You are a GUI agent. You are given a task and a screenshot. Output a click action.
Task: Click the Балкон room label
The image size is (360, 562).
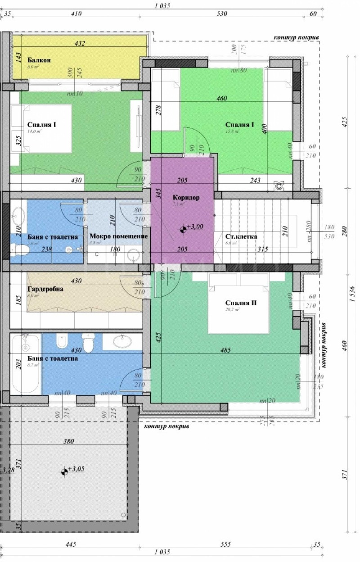point(39,60)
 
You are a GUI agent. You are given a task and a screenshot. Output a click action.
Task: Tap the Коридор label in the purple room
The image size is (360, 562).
point(186,198)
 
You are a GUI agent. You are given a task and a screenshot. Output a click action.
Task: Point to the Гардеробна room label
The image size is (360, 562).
point(45,290)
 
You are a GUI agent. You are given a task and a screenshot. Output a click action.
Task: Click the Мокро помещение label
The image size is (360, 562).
point(119,236)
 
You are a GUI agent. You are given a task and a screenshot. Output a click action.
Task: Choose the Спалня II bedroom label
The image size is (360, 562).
point(242,303)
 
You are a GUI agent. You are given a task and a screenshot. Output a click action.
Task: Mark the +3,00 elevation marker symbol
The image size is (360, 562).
point(184,229)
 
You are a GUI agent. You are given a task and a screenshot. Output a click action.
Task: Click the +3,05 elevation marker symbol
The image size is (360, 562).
point(65,471)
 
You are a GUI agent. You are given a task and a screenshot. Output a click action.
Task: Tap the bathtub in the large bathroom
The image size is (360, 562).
point(26,364)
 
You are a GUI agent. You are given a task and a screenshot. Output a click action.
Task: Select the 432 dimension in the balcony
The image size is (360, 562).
point(80,44)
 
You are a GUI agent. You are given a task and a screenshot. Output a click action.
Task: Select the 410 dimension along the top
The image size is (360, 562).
point(76,14)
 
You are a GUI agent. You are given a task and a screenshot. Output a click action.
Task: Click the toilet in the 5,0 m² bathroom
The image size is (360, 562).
point(18,249)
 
